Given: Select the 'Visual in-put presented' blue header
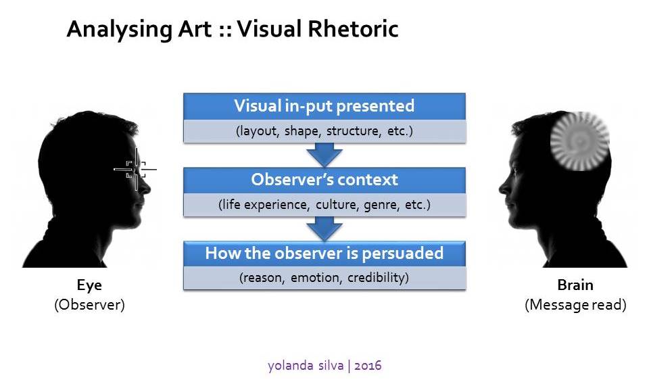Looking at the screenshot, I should (324, 107).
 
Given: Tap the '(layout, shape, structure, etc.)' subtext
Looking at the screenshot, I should (324, 131).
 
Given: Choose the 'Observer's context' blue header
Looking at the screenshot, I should (324, 180).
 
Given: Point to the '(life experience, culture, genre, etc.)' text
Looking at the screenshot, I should (324, 204).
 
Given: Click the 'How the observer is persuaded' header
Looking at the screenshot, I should (324, 254).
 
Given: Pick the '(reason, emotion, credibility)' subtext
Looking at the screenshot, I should (324, 278).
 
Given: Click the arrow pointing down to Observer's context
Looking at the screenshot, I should (324, 155).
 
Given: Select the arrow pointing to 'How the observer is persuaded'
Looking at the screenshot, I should (324, 229).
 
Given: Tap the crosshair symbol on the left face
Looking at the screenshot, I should (136, 169).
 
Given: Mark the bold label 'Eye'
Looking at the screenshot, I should (89, 285).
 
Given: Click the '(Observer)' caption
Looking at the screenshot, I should (89, 304).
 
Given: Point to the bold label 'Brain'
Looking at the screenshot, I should (575, 285).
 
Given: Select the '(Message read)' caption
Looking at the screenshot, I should (575, 304).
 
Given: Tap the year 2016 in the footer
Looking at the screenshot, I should (368, 366).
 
